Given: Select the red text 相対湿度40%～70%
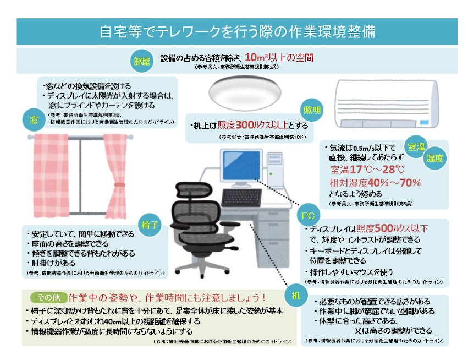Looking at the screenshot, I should click(375, 182).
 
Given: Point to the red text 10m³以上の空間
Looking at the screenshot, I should click(279, 57).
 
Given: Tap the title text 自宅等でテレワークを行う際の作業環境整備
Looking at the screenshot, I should click(237, 31).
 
